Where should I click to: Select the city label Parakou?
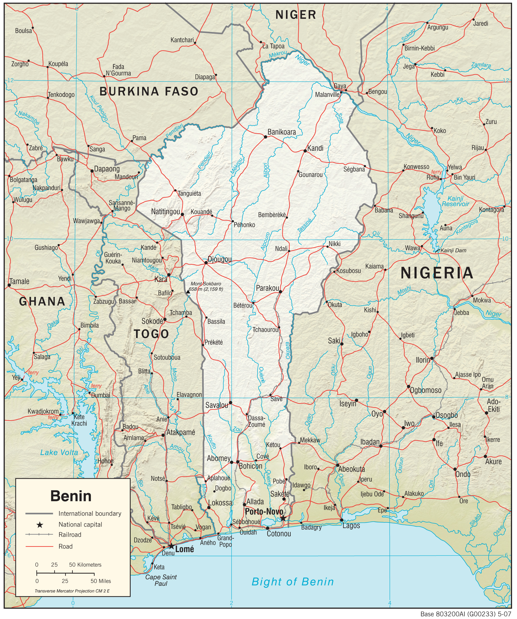coord(267,288)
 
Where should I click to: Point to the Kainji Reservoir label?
coord(455,201)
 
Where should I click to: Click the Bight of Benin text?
coord(293,582)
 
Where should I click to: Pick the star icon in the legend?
coord(40,525)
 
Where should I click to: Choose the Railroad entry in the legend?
coord(70,535)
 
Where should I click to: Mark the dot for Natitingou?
coord(182,215)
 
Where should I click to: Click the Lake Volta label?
coord(59,452)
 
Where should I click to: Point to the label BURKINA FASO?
coord(149,91)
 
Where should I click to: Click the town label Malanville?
coord(327,95)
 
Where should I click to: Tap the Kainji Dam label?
coord(453,251)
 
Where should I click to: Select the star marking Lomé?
coord(171,546)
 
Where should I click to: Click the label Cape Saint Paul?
coord(161,580)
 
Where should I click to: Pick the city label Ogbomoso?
coord(426,390)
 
